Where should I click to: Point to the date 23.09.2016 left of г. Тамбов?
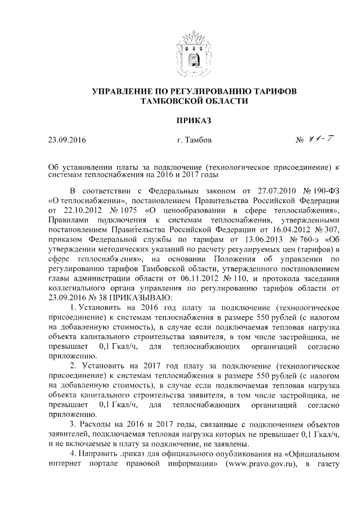[69, 139]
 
